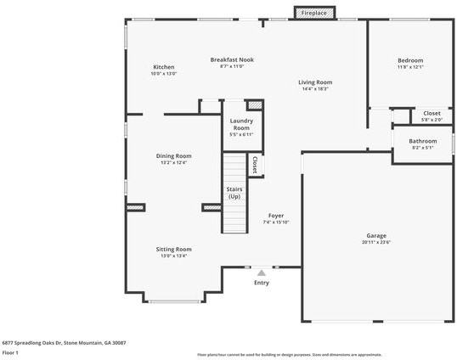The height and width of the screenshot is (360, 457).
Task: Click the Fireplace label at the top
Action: pos(314,14)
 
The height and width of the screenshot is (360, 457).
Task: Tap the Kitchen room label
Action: pos(164,67)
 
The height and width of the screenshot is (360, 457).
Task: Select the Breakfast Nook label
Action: pos(232,59)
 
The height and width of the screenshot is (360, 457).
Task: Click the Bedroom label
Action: pos(410,60)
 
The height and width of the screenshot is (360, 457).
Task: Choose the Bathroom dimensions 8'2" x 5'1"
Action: pos(422,148)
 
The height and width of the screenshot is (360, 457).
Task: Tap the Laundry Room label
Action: pos(241,125)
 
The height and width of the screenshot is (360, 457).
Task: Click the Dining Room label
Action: pos(173,155)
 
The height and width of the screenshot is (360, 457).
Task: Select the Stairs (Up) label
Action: pos(234,193)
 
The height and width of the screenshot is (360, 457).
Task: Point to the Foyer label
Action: pos(276,216)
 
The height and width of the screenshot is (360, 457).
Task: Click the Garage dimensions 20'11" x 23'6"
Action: pos(376,242)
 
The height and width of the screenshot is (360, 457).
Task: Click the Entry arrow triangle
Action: pos(262,273)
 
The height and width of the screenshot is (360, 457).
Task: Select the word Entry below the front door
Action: pos(262,283)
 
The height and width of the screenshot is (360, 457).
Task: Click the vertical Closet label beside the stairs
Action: pos(254,162)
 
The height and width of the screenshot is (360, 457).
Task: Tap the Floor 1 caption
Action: pos(11,352)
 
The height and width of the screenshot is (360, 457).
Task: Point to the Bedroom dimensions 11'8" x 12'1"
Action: pos(410,68)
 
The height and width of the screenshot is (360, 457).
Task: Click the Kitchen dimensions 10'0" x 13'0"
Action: pos(164,74)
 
